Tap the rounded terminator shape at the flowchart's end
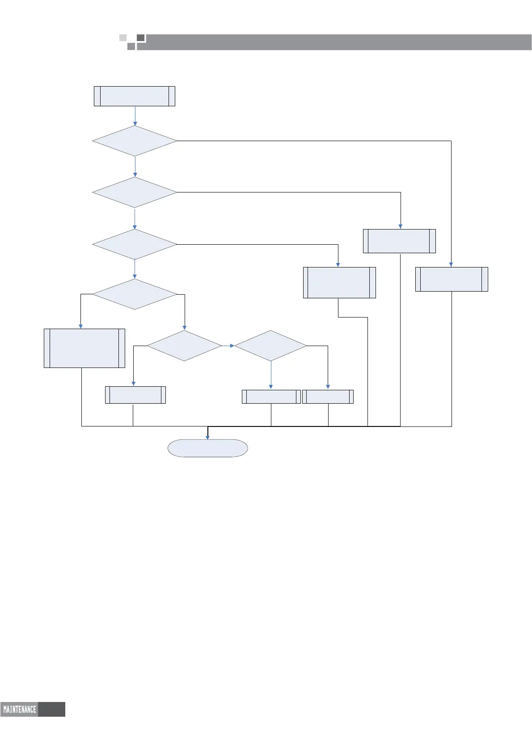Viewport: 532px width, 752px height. coord(207,448)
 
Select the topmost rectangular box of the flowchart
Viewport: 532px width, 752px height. coord(134,96)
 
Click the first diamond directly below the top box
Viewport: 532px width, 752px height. coord(135,141)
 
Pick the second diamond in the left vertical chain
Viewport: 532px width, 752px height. coord(135,192)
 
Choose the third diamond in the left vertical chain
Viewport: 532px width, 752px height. coord(135,244)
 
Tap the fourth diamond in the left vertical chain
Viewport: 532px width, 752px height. coord(135,294)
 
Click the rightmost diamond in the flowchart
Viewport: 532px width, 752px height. coord(270,346)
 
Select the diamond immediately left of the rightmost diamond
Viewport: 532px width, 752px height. coord(184,346)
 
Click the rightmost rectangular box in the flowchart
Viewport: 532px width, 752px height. coord(452,279)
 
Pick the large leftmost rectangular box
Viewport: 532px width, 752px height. coord(84,348)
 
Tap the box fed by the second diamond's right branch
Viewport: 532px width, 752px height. coord(399,241)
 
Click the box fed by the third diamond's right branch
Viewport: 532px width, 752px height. coord(339,283)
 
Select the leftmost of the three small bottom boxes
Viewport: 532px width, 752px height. coord(135,395)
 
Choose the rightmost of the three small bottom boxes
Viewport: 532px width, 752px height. coord(328,397)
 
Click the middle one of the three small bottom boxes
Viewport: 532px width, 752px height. coord(271,397)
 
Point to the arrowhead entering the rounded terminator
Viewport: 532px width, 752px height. coord(207,437)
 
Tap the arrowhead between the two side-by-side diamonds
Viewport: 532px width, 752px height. coord(232,346)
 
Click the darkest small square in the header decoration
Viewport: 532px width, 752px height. coord(141,38)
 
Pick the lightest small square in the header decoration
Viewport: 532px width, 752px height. coord(123,38)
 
